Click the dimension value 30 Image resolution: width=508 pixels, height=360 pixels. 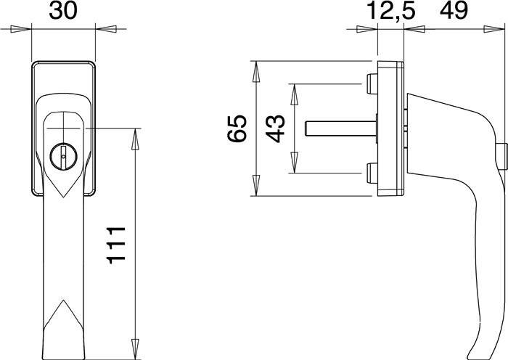pyautogui.click(x=64, y=10)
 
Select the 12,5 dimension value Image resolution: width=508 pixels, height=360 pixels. pyautogui.click(x=390, y=10)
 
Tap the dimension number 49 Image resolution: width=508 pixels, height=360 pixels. pyautogui.click(x=454, y=10)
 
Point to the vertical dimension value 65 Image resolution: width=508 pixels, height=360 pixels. pyautogui.click(x=237, y=128)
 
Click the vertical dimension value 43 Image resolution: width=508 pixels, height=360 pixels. pyautogui.click(x=275, y=128)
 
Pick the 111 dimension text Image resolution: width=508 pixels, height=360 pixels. pyautogui.click(x=116, y=245)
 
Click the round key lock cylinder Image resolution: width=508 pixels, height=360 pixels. pyautogui.click(x=64, y=157)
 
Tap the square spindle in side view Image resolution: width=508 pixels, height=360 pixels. pyautogui.click(x=341, y=128)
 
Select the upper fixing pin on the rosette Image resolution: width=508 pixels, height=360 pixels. pyautogui.click(x=372, y=84)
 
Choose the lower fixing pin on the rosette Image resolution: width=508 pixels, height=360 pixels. pyautogui.click(x=372, y=173)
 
